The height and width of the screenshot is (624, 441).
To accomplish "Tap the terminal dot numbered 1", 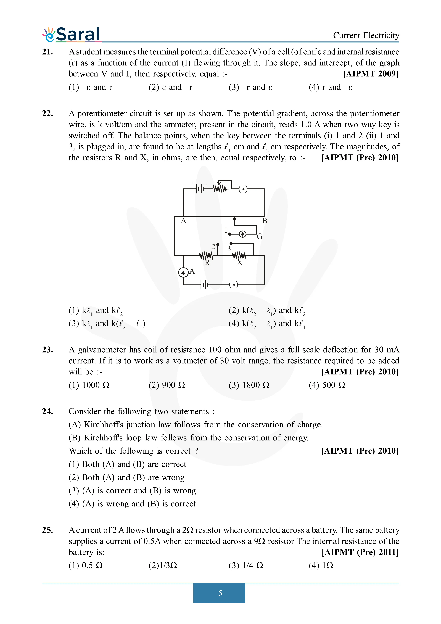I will tap(230, 234).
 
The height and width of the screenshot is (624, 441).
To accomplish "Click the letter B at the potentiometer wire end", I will tap(264, 221).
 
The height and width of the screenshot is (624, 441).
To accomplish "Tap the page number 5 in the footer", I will tap(220, 593).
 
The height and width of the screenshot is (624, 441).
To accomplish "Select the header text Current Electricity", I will tap(366, 35).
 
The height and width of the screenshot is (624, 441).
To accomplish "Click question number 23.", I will tap(47, 350).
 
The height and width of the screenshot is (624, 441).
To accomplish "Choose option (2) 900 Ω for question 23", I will tap(167, 385).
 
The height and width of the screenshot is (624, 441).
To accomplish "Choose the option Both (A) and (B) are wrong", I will tap(126, 477).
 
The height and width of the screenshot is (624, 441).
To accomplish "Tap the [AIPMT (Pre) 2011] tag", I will tap(360, 552).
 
